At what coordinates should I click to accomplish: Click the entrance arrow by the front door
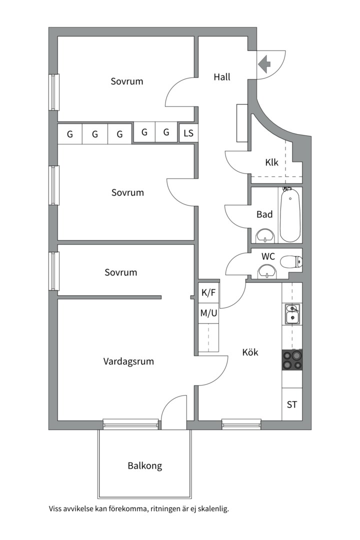[x=264, y=64]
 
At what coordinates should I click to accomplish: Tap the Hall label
[x=222, y=77]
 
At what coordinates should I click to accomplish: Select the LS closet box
[x=188, y=132]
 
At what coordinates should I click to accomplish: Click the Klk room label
[x=271, y=162]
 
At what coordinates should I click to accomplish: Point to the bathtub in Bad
[x=290, y=214]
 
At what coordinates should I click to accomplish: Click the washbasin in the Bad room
[x=265, y=235]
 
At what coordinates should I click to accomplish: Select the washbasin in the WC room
[x=267, y=271]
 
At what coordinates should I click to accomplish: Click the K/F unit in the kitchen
[x=208, y=292]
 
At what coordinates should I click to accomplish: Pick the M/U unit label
[x=209, y=313]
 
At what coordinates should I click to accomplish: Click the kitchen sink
[x=292, y=314]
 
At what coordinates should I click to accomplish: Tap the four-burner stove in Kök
[x=292, y=360]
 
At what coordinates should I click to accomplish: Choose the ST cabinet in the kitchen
[x=292, y=404]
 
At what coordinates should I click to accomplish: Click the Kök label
[x=250, y=352]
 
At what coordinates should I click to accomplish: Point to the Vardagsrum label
[x=128, y=361]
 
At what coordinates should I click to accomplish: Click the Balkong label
[x=144, y=466]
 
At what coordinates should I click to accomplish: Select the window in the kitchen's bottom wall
[x=241, y=424]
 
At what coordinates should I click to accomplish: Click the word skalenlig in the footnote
[x=213, y=508]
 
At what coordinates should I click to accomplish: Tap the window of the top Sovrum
[x=53, y=92]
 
